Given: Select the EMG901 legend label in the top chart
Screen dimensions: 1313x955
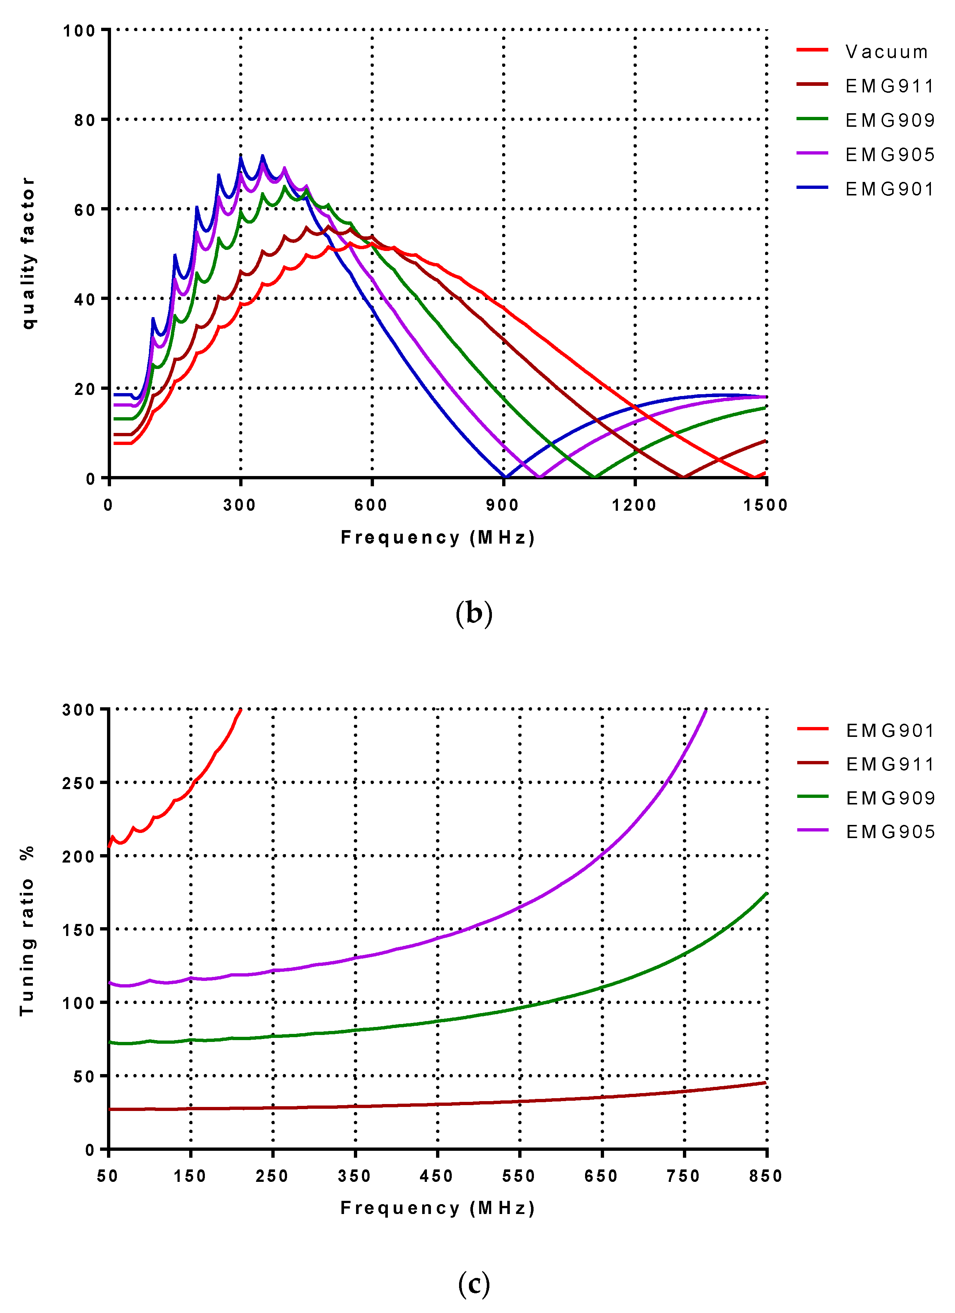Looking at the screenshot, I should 890,189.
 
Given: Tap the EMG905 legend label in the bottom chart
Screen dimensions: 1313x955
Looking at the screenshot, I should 890,832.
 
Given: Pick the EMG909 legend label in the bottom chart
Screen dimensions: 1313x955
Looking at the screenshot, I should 890,798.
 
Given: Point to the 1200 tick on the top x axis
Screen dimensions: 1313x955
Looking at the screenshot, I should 634,505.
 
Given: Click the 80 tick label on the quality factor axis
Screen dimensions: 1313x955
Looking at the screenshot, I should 84,121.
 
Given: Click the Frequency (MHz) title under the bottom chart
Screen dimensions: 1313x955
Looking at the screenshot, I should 438,1208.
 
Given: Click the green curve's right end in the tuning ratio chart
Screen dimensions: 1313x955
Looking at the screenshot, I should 766,893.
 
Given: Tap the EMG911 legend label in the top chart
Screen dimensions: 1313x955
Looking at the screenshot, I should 890,86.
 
